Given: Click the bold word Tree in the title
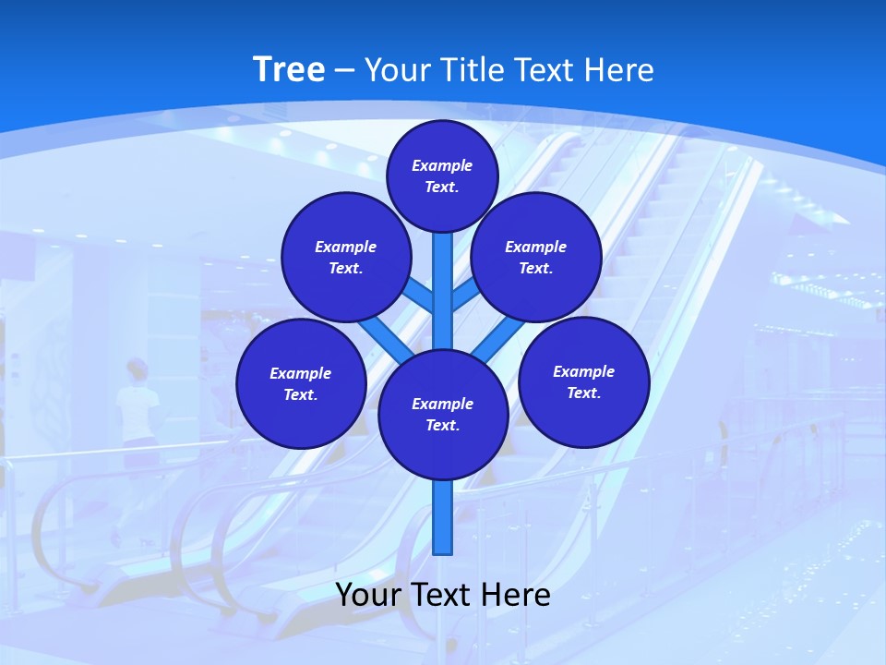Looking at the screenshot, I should coord(289,70).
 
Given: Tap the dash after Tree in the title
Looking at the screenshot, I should coord(344,71).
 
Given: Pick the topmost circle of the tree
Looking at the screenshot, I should coord(442,175).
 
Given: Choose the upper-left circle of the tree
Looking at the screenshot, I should coord(345,257).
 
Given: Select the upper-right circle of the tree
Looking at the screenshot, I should coord(536,257).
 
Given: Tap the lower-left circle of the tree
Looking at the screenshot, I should coord(301,383).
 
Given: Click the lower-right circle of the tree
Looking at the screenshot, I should coord(583,381).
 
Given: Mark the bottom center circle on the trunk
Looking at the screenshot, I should coord(443,415).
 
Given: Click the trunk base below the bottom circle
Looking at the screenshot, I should coord(443,517).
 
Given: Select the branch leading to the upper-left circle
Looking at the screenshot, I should coord(420,295).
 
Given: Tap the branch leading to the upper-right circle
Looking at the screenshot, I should coord(464,296).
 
